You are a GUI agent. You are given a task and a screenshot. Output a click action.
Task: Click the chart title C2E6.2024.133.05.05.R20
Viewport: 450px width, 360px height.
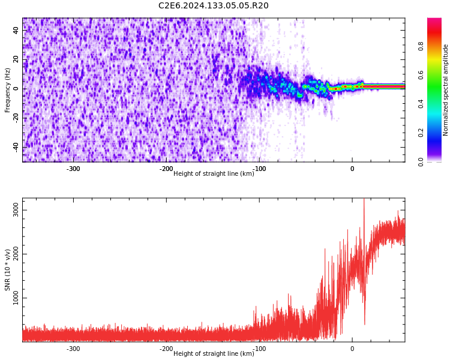[213, 6]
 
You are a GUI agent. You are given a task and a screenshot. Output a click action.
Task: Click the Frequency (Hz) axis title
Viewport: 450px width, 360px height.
[8, 90]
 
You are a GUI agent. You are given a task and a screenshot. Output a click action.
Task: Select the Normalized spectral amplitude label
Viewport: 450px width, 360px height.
[446, 90]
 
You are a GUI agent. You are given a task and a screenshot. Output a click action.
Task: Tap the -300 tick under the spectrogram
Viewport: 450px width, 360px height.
[73, 169]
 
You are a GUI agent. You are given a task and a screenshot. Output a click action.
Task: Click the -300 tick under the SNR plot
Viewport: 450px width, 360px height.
[73, 349]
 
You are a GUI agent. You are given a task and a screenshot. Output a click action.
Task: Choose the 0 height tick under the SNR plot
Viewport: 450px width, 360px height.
[352, 349]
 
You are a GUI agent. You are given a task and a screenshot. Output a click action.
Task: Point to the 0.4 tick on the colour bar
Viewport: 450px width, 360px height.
[421, 104]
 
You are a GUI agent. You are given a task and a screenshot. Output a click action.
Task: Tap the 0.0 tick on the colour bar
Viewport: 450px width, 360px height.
[421, 161]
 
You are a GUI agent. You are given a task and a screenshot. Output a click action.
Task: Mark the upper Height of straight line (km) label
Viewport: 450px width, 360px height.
[214, 174]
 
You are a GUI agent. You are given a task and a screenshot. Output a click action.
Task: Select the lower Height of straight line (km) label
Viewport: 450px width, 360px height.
[214, 354]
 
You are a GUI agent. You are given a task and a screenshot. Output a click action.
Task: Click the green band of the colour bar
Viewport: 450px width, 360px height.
[434, 90]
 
